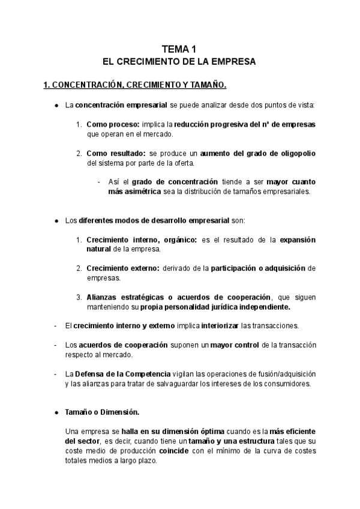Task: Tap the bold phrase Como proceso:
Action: click(113, 124)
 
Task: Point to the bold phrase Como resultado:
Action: click(116, 154)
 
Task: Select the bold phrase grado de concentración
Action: click(167, 182)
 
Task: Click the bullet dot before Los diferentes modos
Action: click(56, 220)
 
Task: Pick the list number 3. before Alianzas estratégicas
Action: click(79, 297)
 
